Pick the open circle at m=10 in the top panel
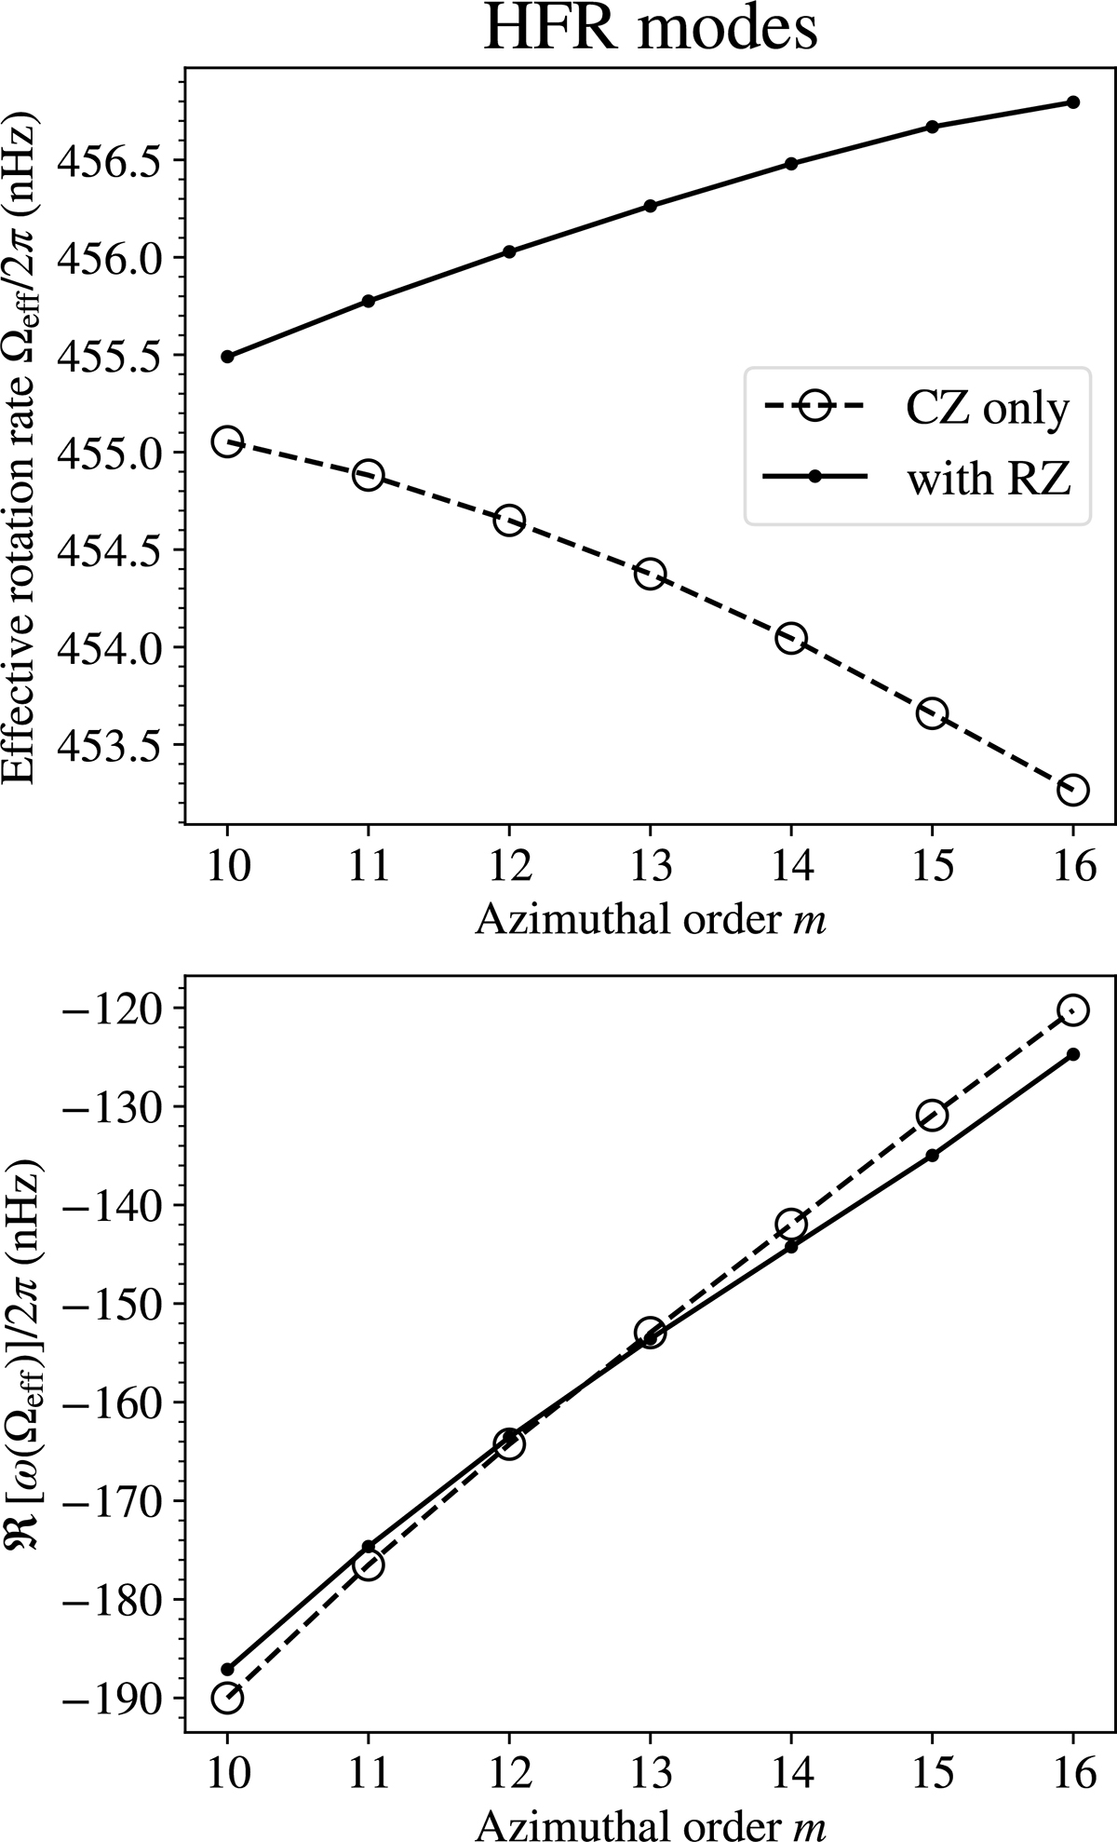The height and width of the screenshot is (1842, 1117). coord(227,441)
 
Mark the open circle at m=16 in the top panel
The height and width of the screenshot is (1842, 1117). coord(1072,790)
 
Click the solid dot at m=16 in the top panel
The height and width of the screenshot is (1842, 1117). coord(1072,102)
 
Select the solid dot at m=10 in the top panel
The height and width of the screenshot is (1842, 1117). coord(227,357)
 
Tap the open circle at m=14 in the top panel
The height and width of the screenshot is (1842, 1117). coord(790,639)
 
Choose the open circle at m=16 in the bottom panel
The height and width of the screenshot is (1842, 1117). coord(1072,1010)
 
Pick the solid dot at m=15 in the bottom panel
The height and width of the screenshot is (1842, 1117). coord(932,1156)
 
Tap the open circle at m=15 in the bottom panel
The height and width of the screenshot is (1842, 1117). coord(932,1115)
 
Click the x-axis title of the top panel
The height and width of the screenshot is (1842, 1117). coord(651,920)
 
